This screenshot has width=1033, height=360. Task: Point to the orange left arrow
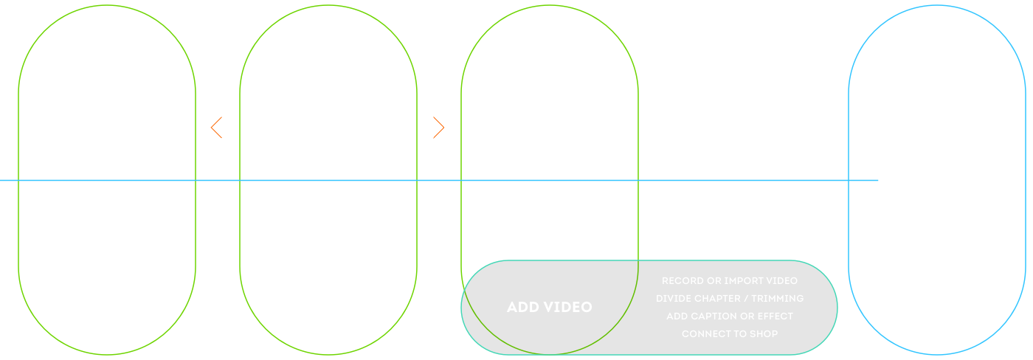pos(217,128)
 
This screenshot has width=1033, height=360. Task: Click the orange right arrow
pos(438,128)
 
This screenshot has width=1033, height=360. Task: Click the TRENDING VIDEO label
pos(107,179)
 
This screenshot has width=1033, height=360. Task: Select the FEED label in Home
pos(329,179)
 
